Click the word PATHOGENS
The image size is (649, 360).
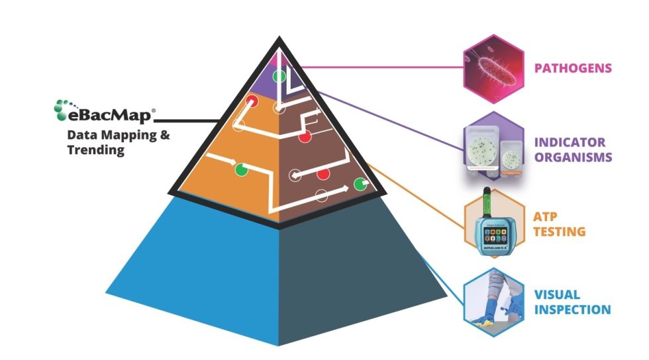tap(573, 67)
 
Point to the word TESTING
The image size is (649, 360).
tap(560, 232)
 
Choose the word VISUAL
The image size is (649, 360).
tap(557, 294)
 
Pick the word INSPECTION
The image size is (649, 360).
tap(573, 310)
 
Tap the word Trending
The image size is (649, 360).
tap(95, 150)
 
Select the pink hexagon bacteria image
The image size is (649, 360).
tap(493, 68)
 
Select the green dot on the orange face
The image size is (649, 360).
tap(240, 170)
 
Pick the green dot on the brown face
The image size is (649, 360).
tap(361, 184)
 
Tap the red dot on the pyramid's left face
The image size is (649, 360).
tap(252, 101)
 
